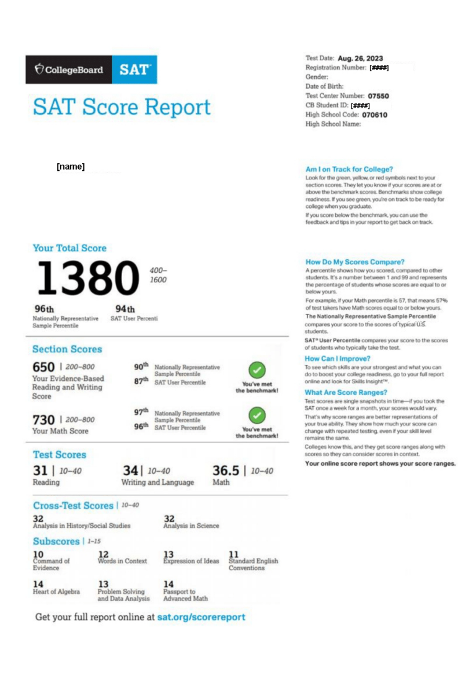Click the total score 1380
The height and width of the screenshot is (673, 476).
pos(87,277)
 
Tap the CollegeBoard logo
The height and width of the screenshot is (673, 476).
pos(69,69)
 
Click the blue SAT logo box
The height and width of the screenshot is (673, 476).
pos(134,69)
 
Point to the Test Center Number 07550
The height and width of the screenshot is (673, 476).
pos(378,96)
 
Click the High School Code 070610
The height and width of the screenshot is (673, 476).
pos(374,115)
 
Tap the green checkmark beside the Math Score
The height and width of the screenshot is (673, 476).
pos(257,415)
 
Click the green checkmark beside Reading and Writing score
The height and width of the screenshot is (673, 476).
pos(257,370)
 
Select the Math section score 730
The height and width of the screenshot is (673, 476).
pos(43,420)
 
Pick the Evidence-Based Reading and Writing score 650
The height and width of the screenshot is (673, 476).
pos(43,367)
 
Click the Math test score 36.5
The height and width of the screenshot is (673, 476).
pos(226,471)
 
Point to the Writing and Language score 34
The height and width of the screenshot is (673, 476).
pos(130,471)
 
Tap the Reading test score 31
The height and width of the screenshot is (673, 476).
pos(40,471)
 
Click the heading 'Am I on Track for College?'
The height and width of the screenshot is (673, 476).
pos(349,169)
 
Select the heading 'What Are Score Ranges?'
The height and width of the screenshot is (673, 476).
pos(346,392)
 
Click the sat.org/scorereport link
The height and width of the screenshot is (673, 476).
pos(201,617)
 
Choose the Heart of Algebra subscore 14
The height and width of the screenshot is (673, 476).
pos(38,584)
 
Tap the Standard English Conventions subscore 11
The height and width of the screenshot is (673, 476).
pos(234,554)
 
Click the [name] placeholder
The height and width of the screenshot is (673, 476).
pos(71,167)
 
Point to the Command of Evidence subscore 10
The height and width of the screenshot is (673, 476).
pos(38,554)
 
